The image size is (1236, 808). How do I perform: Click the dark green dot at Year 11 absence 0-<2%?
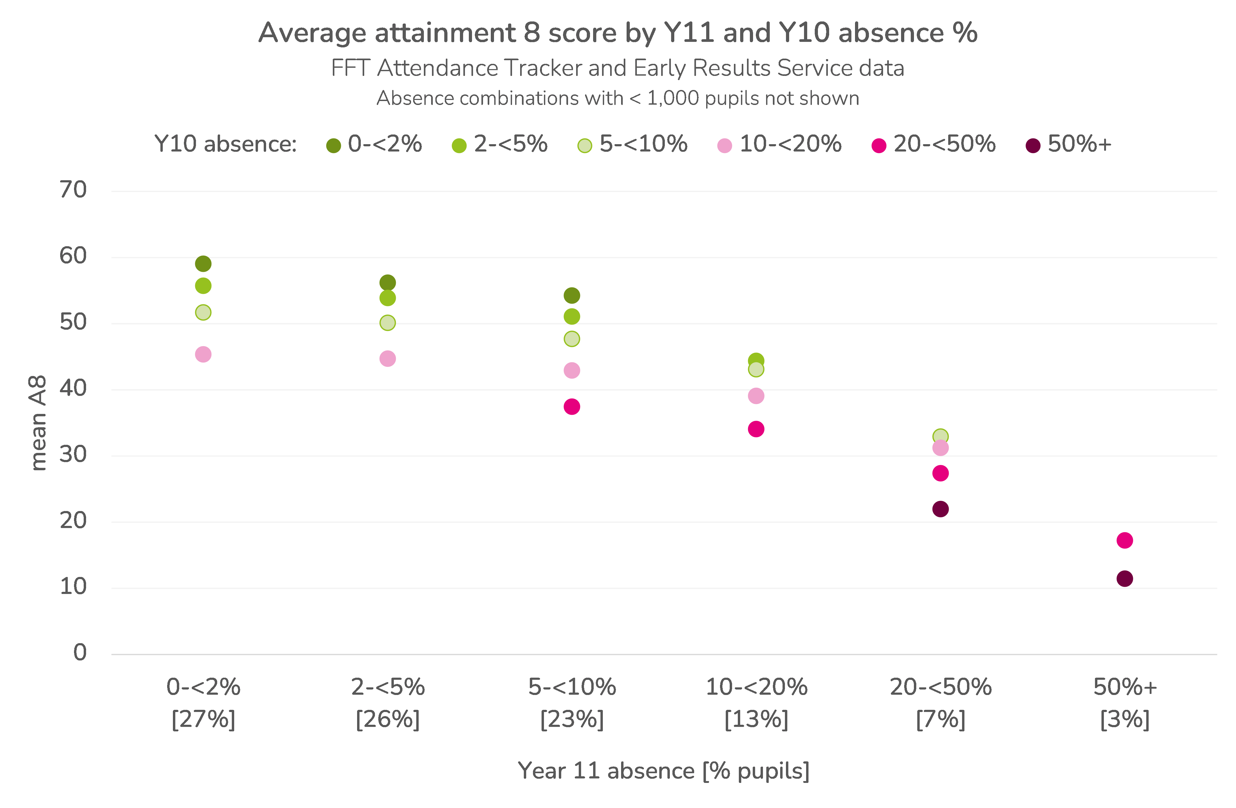(x=203, y=264)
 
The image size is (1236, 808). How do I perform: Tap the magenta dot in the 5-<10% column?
(x=572, y=407)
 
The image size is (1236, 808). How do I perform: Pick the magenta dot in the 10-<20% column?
(x=756, y=429)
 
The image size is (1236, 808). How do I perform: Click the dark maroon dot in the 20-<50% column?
(x=941, y=509)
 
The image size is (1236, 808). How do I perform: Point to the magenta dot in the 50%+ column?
(x=1125, y=541)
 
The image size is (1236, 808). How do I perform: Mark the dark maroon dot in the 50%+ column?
(x=1125, y=579)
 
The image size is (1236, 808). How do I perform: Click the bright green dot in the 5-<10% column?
(x=572, y=316)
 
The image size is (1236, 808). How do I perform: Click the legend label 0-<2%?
(x=385, y=144)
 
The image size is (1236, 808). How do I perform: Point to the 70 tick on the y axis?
(x=73, y=190)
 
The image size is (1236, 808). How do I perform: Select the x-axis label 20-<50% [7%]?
(x=941, y=703)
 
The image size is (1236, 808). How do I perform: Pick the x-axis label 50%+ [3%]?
(x=1125, y=703)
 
